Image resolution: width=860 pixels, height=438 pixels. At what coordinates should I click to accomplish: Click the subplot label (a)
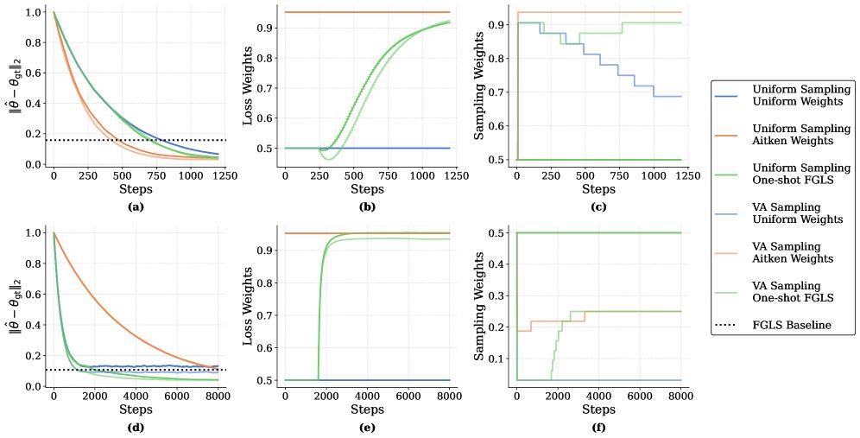(x=136, y=207)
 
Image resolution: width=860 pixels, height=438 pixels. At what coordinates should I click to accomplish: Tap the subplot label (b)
(x=367, y=207)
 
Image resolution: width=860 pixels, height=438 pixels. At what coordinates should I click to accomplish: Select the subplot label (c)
(x=598, y=207)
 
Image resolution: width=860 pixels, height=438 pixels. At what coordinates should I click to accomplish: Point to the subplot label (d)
(x=136, y=426)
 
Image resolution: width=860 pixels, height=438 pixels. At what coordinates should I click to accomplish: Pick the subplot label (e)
(x=367, y=426)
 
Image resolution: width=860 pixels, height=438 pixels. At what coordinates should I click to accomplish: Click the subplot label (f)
(x=598, y=426)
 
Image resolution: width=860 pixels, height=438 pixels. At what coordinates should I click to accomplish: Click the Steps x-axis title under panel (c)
(x=598, y=188)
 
